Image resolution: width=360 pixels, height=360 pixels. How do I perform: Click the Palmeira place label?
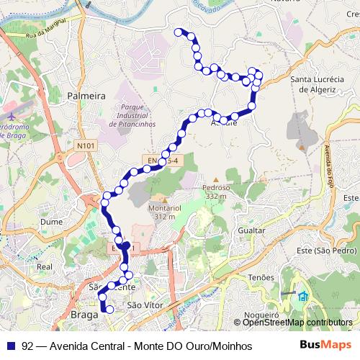(86, 95)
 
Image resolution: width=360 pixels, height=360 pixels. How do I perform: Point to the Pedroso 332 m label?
(214, 189)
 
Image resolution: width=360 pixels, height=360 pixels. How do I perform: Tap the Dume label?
(51, 222)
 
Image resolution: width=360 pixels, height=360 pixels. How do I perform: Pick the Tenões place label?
(261, 276)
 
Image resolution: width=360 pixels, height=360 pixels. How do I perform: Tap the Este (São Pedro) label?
(336, 251)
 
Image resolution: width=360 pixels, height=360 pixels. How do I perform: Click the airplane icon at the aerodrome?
(13, 117)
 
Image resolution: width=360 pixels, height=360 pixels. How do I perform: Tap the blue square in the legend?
(10, 346)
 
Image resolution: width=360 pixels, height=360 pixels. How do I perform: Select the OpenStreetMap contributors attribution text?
(297, 323)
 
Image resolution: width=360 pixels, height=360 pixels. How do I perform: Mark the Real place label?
(44, 266)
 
